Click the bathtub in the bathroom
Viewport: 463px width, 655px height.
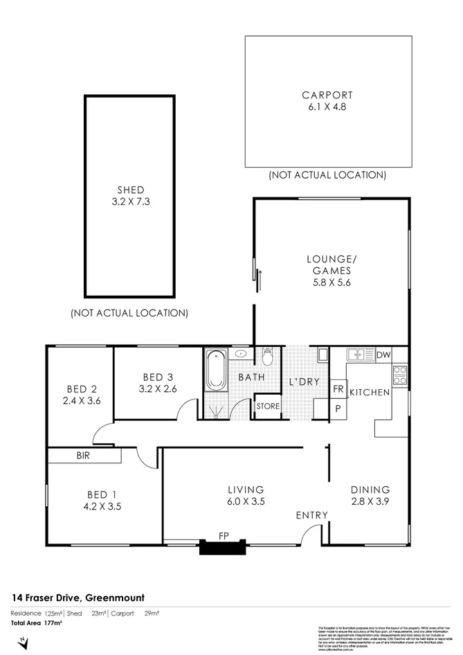[x=215, y=373]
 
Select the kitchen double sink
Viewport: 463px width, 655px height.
[x=360, y=355]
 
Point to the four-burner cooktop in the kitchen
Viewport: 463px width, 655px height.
[x=401, y=375]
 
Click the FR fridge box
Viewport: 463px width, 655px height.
[x=338, y=389]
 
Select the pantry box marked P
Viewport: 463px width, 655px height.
[x=338, y=409]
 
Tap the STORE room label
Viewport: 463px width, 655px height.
[x=268, y=406]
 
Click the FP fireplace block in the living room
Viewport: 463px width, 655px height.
[x=222, y=547]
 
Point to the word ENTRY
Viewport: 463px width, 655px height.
[x=311, y=515]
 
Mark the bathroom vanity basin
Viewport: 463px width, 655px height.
[x=242, y=354]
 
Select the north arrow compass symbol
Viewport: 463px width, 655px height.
[x=24, y=643]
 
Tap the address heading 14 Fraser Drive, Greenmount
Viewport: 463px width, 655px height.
[x=78, y=598]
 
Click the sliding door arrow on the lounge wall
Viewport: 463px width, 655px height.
[x=260, y=279]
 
